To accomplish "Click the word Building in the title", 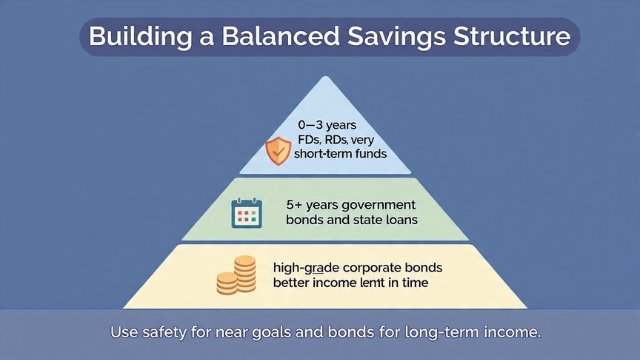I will click(136, 38).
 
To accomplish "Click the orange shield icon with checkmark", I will click(277, 151).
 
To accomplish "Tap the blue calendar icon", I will click(245, 213).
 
